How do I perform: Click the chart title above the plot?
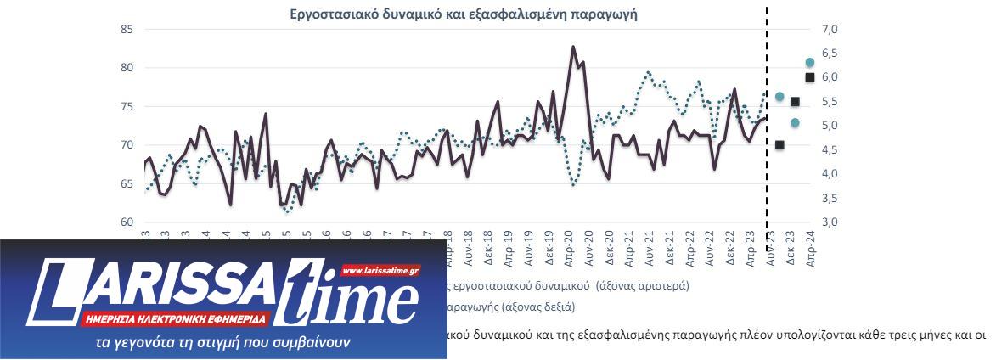click(464, 14)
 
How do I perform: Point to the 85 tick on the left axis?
click(127, 30)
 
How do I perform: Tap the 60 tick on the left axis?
click(127, 222)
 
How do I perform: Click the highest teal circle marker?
click(810, 62)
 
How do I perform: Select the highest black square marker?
click(810, 77)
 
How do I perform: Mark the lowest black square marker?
click(779, 145)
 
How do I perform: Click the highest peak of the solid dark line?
click(573, 47)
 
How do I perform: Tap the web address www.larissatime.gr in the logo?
click(380, 271)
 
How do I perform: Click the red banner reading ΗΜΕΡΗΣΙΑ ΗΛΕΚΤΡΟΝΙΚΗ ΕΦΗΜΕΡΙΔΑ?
click(177, 319)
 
